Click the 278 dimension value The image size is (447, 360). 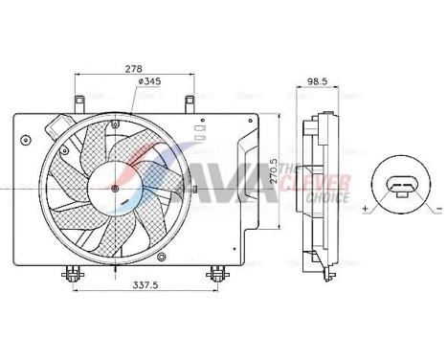tap(134, 69)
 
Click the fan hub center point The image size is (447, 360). tap(115, 189)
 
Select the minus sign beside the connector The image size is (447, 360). tap(437, 207)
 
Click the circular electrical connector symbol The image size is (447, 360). tap(400, 183)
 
